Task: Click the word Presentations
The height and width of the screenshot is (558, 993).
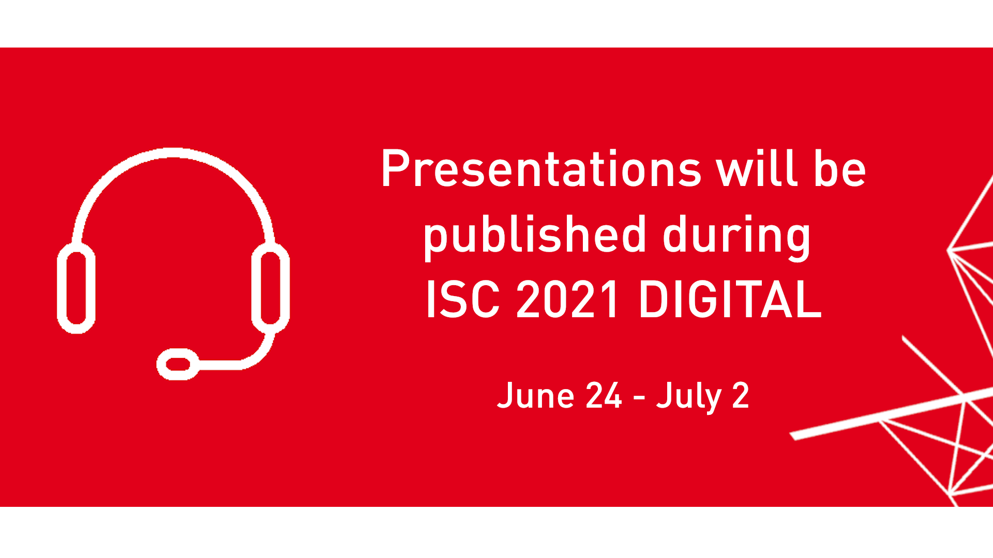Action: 541,169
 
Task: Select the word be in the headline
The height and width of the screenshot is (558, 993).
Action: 840,169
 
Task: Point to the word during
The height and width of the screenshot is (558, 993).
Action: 736,236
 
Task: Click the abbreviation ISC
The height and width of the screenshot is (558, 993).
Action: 462,300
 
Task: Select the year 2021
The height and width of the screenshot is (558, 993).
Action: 567,300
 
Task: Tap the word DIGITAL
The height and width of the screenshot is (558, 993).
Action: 730,300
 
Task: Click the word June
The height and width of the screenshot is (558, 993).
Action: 535,396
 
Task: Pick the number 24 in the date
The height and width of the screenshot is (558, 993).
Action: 604,396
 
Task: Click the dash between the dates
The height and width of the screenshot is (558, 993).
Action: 639,397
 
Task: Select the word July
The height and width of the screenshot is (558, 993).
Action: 688,396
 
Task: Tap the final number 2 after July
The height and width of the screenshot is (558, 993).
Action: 741,396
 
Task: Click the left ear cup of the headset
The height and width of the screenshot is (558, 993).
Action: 76,288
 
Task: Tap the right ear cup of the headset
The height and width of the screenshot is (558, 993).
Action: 270,288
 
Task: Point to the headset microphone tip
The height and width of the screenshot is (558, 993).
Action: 177,364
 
